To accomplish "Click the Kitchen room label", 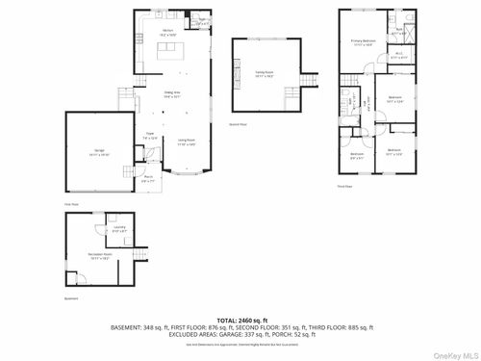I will (167, 32).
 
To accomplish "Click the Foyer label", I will (150, 136).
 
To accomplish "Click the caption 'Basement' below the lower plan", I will (70, 298).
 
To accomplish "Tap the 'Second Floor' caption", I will (237, 125).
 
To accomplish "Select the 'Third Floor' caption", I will (344, 187).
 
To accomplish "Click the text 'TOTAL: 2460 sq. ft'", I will (240, 319).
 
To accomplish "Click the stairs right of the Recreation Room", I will (139, 253).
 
